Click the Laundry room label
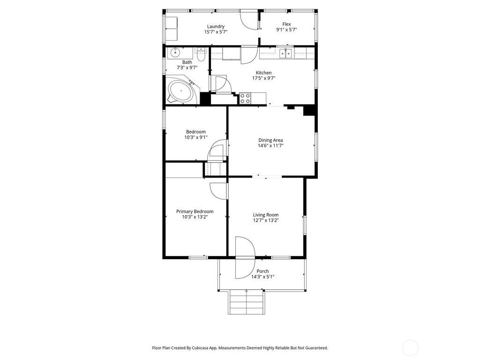(216, 26)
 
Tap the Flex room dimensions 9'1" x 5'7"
(286, 30)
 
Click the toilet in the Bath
(201, 55)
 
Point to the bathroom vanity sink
(174, 52)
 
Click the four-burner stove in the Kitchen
(245, 98)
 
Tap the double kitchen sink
(286, 53)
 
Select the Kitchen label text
(263, 73)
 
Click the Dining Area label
(270, 140)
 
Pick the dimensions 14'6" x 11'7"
(270, 146)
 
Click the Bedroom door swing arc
(217, 151)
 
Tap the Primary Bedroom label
(195, 211)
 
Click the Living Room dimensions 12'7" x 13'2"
(266, 220)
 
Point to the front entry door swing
(245, 257)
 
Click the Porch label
(262, 271)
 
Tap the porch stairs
(246, 302)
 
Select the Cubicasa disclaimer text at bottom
(240, 348)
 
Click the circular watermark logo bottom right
(410, 347)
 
